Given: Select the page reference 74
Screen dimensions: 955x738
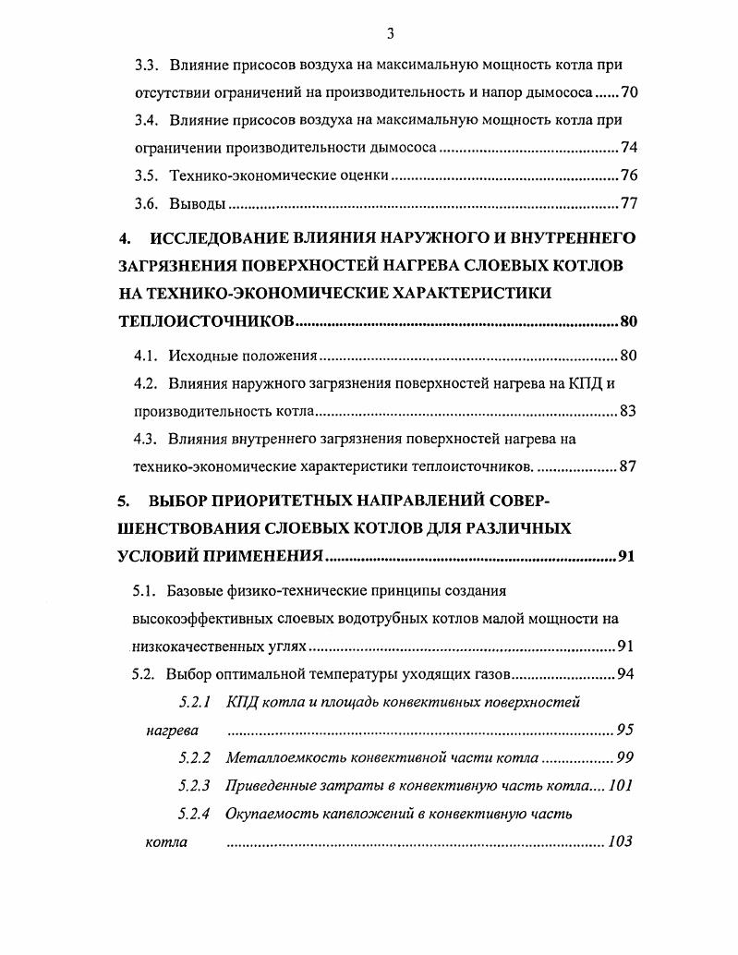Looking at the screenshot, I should point(629,148).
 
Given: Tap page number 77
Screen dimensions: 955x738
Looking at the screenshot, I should point(629,203).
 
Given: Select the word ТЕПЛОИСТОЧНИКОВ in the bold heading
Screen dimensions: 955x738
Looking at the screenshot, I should point(206,321).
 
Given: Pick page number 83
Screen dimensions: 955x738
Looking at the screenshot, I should point(627,412).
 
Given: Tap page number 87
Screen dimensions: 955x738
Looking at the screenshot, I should point(627,467).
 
